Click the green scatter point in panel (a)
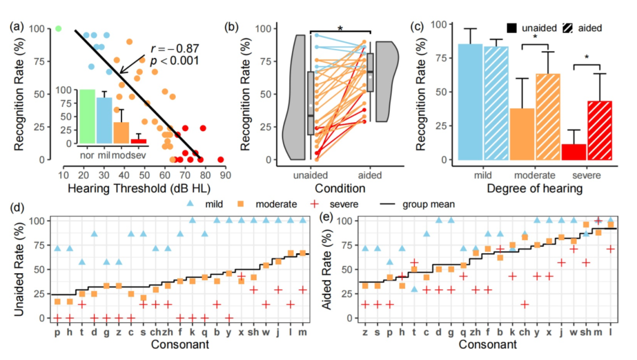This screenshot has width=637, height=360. coord(58,28)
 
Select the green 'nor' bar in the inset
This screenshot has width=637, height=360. coord(87,116)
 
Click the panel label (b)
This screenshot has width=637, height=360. coord(232,27)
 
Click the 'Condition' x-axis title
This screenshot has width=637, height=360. coord(341,188)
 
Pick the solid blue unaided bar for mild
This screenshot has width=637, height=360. coord(470,102)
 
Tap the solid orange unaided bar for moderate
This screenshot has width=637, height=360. coord(522,134)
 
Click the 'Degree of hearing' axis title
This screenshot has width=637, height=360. coord(536,188)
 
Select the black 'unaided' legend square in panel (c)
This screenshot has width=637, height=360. coord(512,28)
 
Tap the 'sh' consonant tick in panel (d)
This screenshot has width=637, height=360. coord(254,332)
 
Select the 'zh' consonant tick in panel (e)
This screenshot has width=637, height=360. coord(475,332)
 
